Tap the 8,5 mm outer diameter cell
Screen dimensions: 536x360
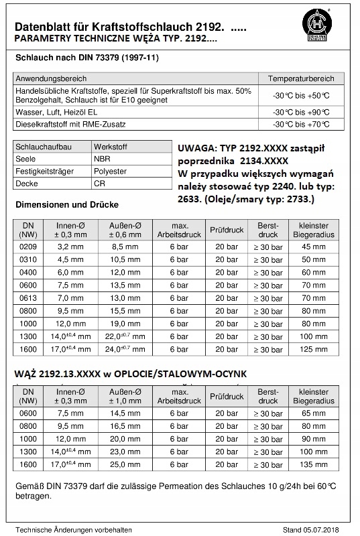pyautogui.click(x=124, y=247)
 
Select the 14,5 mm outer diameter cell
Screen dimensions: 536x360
pyautogui.click(x=124, y=413)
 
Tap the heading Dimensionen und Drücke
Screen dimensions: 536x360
pyautogui.click(x=67, y=204)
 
